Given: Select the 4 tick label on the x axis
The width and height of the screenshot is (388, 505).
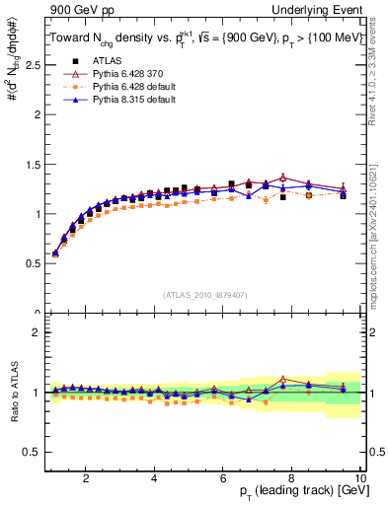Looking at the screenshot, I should coord(154,478).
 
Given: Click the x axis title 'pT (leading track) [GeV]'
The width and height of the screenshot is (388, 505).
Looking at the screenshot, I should coord(297,493).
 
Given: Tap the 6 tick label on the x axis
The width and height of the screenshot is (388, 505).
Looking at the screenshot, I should coord(223,478).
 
